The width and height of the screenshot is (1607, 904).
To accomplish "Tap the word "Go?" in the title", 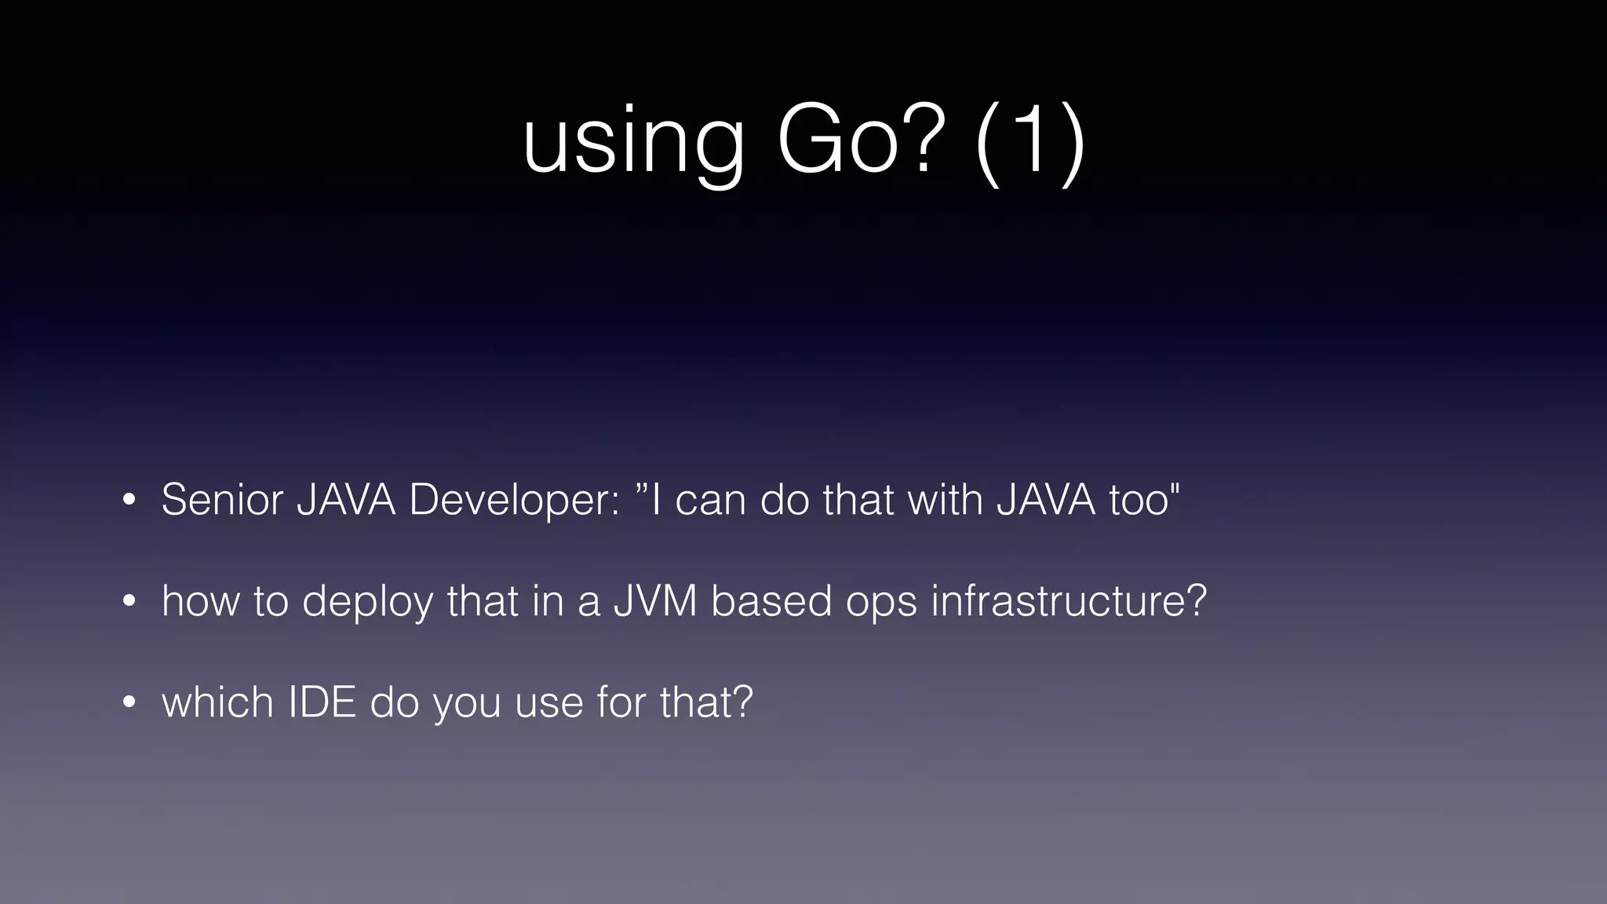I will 857,141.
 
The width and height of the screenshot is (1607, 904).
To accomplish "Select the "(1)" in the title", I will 1030,141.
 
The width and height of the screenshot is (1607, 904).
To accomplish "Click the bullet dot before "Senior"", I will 129,500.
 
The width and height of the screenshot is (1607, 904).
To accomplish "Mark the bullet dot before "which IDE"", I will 129,702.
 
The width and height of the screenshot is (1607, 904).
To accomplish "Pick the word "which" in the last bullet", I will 217,702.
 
